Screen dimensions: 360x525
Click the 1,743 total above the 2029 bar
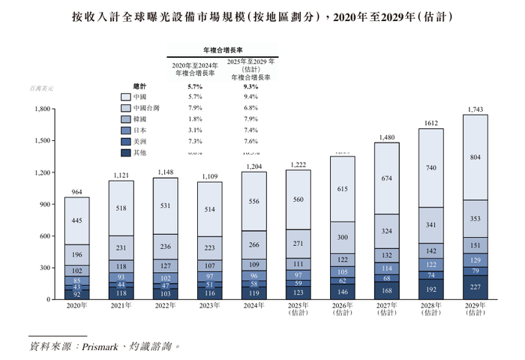[x=475, y=109]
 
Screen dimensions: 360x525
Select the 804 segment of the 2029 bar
[x=475, y=157]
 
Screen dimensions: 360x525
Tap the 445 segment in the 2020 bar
[x=77, y=220]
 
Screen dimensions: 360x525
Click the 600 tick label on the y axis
[x=42, y=236]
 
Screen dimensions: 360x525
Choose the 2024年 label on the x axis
[x=254, y=306]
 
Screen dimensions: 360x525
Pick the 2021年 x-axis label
[x=121, y=306]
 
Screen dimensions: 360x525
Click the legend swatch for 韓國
[x=126, y=118]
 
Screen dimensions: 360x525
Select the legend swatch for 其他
[x=126, y=152]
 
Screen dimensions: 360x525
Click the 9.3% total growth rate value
[x=251, y=86]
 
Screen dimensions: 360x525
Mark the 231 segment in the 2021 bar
[x=121, y=247]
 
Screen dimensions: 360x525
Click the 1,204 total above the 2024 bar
[x=254, y=166]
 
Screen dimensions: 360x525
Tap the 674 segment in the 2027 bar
[x=386, y=178]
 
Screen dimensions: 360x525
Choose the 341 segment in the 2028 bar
[x=430, y=224]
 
